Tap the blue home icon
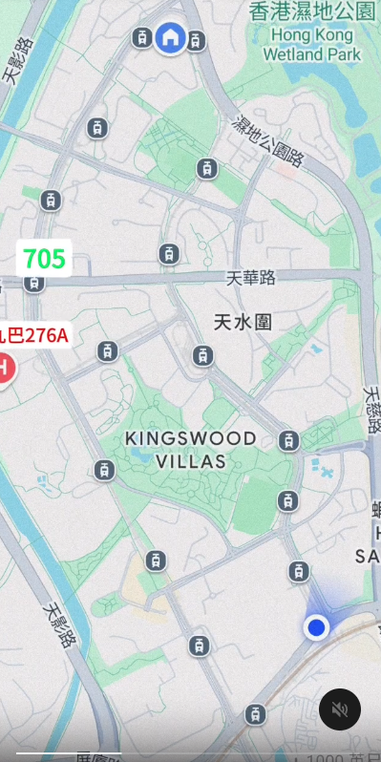pos(170,37)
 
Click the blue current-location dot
pos(317,627)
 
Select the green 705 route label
pos(44,258)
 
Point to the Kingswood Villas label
pos(191,450)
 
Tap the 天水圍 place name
pos(243,322)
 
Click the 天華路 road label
pos(251,278)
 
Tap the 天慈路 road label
pos(373,411)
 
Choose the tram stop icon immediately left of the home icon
pos(142,37)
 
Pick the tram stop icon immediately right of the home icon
pos(196,39)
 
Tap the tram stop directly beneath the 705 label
pos(34,283)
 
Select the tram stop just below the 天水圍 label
pos(202,356)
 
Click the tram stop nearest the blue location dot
pos(299,571)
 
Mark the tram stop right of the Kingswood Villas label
pos(288,440)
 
